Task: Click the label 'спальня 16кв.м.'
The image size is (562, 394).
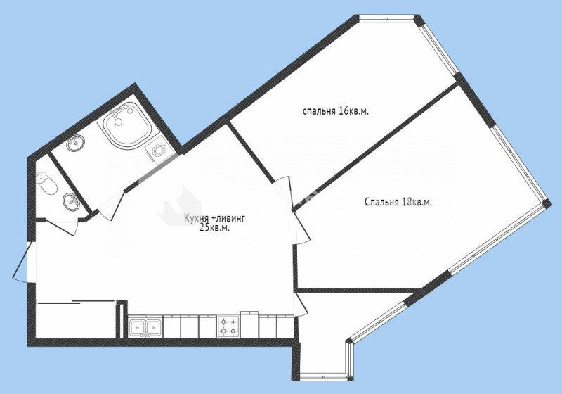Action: (336, 111)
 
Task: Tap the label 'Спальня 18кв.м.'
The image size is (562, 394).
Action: (398, 203)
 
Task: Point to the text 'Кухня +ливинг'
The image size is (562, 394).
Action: (214, 218)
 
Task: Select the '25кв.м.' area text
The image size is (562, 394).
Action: (215, 228)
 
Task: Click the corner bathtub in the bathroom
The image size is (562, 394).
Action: (126, 125)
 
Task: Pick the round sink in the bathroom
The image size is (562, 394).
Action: (76, 143)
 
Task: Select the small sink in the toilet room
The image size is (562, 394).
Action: (71, 201)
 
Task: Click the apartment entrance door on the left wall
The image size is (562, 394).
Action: (22, 261)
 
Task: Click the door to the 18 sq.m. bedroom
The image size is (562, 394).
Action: (301, 228)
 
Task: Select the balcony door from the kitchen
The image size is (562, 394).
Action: (301, 305)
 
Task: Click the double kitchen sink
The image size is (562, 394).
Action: (145, 327)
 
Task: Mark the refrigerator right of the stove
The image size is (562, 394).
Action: (250, 325)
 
